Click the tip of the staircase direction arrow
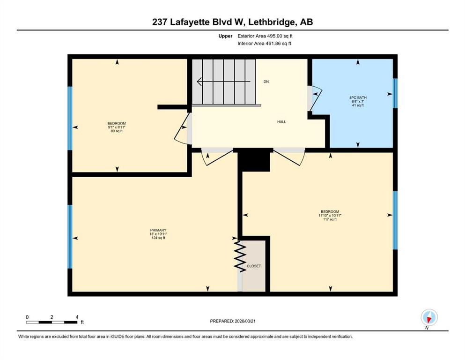[197, 81]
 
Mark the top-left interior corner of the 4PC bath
[312, 59]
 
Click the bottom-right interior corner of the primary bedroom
[237, 292]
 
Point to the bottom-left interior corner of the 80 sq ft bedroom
[73, 172]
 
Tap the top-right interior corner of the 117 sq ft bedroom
[393, 152]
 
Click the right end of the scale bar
[77, 322]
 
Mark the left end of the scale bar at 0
[27, 322]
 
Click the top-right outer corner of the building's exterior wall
[398, 54]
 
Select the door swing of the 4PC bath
[315, 98]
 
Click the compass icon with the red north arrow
[429, 317]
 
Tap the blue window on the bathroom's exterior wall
[395, 93]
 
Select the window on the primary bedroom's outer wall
[70, 237]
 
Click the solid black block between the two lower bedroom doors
[254, 160]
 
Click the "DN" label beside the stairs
[266, 82]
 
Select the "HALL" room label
[281, 122]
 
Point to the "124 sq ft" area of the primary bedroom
[158, 238]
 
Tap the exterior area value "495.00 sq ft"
[280, 36]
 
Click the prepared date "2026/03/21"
[245, 321]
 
